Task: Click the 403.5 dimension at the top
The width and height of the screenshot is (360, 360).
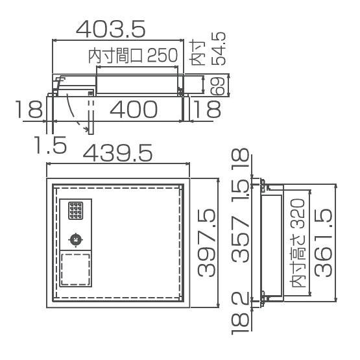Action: (x=111, y=29)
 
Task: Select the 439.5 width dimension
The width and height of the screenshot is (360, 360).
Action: (x=117, y=152)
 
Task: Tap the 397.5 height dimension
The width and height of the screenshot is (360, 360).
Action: (x=206, y=243)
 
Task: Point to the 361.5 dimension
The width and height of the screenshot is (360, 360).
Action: (x=323, y=243)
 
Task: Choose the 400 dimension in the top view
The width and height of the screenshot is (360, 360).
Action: (x=134, y=109)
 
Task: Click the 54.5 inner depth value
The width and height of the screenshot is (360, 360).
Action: (x=219, y=49)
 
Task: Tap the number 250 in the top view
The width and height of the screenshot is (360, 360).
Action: (x=163, y=55)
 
